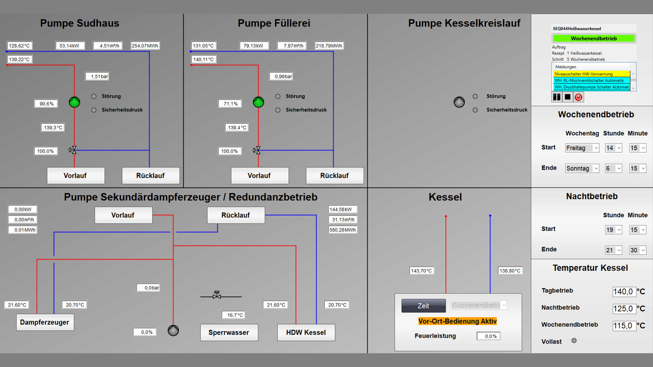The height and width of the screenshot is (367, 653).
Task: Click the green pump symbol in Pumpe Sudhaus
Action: point(74,102)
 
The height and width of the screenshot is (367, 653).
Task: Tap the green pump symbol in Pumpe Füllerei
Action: point(258,102)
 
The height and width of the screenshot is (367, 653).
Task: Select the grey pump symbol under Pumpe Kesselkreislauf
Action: point(459,102)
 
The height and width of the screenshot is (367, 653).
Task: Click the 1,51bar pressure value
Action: point(97,76)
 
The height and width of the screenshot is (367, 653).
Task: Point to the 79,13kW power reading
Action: point(254,46)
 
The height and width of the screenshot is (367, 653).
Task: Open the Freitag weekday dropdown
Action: point(582,148)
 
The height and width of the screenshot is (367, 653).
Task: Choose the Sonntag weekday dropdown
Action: point(582,168)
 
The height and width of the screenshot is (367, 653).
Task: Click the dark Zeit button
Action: point(423,305)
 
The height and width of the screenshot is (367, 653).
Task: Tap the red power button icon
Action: point(578,97)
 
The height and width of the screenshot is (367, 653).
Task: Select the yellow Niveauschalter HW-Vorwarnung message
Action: point(591,74)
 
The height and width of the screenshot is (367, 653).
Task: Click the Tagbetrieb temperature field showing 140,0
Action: point(624,291)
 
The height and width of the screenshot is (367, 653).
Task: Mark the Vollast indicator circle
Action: point(574,341)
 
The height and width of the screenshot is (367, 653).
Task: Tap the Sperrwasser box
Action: point(229,333)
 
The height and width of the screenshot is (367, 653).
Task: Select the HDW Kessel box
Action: point(306,333)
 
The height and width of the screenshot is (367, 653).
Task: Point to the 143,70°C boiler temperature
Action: point(421,271)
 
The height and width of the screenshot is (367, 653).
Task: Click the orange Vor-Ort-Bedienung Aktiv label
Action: point(457,321)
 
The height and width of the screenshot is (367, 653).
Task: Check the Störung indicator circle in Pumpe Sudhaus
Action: point(94,96)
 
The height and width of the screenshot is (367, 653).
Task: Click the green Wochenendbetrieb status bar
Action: point(594,39)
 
